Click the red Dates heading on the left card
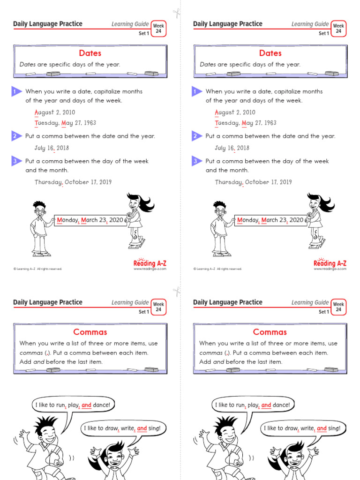[90, 53]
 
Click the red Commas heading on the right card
[270, 332]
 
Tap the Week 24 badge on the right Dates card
[337, 29]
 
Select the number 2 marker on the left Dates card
[15, 136]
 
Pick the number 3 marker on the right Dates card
[195, 161]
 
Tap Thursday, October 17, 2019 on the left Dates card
[73, 182]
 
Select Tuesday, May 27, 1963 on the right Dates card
[246, 123]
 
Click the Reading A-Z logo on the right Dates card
[330, 264]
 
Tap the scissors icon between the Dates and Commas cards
[176, 291]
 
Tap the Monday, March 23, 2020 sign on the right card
[270, 220]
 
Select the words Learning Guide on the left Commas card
[130, 303]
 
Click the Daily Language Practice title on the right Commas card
[228, 302]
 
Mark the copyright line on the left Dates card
[37, 269]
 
